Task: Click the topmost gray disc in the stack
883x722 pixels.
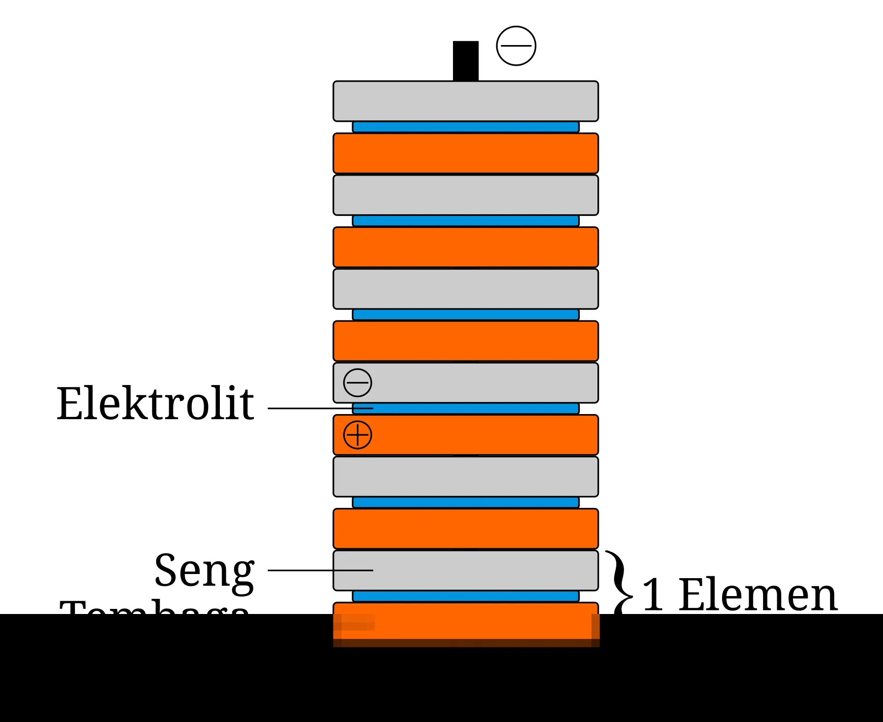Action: (465, 101)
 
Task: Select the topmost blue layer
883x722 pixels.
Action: (465, 127)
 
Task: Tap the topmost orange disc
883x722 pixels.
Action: (465, 153)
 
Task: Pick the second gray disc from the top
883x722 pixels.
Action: (465, 195)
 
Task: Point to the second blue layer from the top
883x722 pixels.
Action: (465, 221)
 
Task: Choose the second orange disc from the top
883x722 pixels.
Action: (465, 247)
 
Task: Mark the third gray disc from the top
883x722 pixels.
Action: (465, 289)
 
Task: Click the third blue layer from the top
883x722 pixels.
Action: (465, 314)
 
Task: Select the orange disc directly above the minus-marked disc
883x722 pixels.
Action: (465, 341)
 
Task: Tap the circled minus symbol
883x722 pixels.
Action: (357, 382)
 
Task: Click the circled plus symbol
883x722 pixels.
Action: (357, 435)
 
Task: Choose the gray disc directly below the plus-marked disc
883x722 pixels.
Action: (465, 476)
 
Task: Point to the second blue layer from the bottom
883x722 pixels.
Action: (465, 502)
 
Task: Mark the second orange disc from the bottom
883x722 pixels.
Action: (465, 529)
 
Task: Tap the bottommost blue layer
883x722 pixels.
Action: (465, 596)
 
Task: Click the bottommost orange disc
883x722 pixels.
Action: (465, 623)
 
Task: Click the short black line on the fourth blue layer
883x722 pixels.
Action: (363, 408)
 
